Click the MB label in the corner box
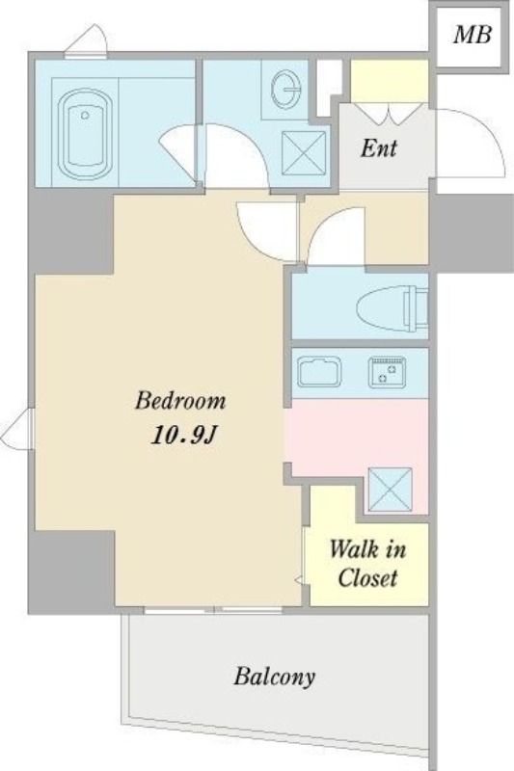click(472, 35)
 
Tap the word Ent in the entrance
click(379, 147)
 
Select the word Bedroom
click(180, 400)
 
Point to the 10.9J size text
click(184, 435)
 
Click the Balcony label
click(275, 677)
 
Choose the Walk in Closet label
click(367, 564)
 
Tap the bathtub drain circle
click(85, 115)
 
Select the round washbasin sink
click(285, 89)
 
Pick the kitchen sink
click(319, 372)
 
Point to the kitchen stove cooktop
click(387, 371)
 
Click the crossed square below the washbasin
click(304, 153)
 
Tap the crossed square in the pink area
click(390, 490)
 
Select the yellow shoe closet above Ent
click(389, 81)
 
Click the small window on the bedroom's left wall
click(17, 428)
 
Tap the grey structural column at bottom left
click(71, 572)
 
